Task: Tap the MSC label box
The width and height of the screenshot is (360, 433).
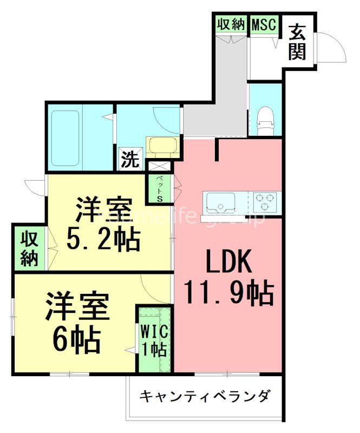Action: click(x=264, y=24)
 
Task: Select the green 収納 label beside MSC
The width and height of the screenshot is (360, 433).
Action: click(x=232, y=24)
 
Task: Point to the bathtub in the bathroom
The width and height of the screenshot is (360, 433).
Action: click(x=66, y=139)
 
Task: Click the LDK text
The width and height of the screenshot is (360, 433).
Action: click(x=228, y=264)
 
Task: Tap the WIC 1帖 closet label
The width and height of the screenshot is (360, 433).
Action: click(x=154, y=339)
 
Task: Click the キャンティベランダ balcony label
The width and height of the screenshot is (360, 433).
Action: click(x=205, y=396)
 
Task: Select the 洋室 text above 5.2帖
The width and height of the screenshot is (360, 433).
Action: click(x=104, y=209)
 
